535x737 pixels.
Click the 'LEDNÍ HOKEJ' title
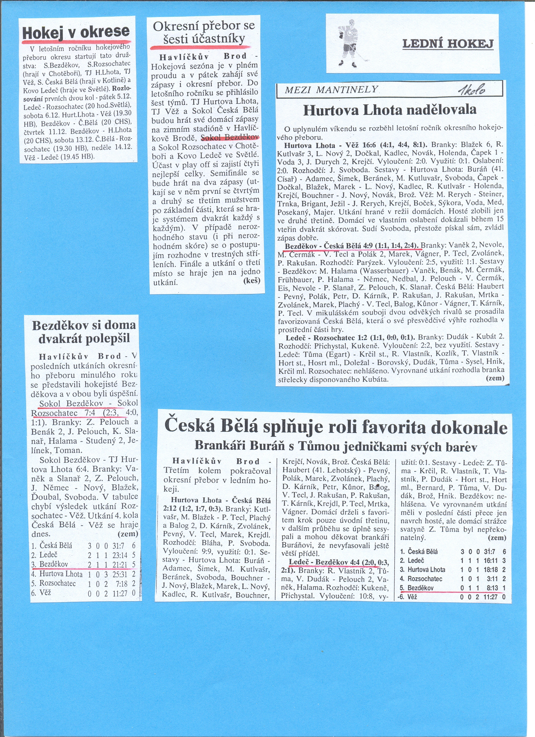(x=448, y=44)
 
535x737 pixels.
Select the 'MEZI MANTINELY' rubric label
(x=331, y=89)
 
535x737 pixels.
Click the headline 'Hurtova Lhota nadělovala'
(x=390, y=110)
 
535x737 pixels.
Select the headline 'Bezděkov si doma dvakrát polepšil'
(x=84, y=332)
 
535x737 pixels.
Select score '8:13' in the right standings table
(x=489, y=588)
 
